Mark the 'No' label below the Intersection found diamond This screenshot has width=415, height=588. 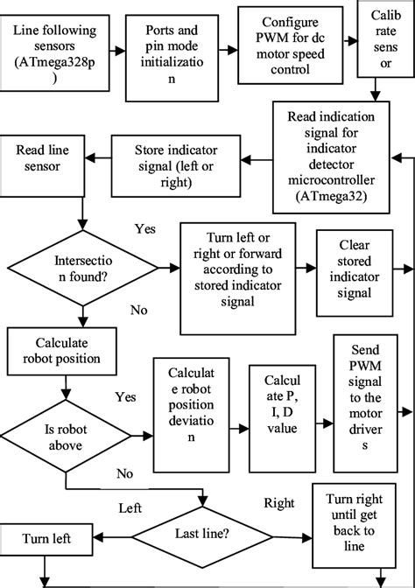pos(137,309)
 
